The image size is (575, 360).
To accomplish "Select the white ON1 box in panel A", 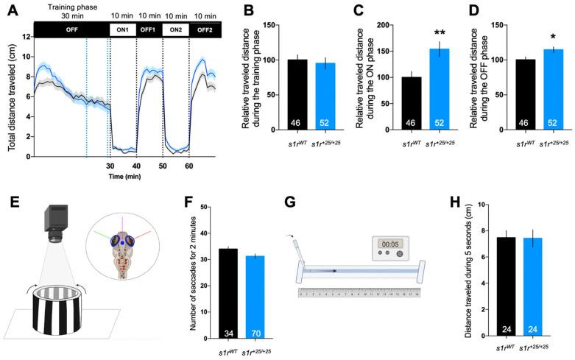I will pyautogui.click(x=123, y=29).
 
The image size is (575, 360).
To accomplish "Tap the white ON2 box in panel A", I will pyautogui.click(x=175, y=29).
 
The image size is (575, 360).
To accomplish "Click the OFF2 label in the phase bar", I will pyautogui.click(x=202, y=29).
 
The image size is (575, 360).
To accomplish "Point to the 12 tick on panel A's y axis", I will pyautogui.click(x=25, y=37).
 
